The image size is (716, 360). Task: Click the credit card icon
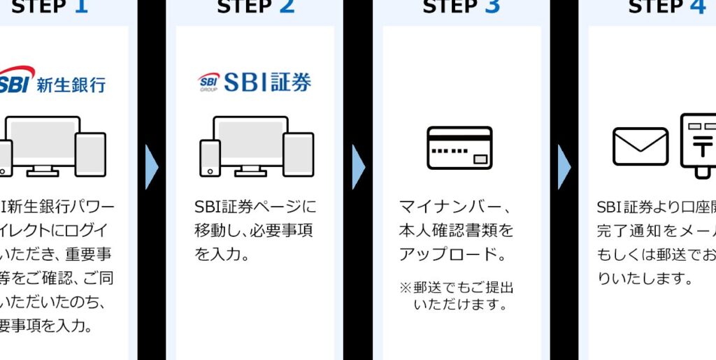click(459, 147)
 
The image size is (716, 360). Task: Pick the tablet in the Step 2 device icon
click(299, 154)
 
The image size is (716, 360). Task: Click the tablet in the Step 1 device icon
click(90, 154)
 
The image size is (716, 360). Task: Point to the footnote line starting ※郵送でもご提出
click(457, 288)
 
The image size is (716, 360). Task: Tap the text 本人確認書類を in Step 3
click(456, 230)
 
